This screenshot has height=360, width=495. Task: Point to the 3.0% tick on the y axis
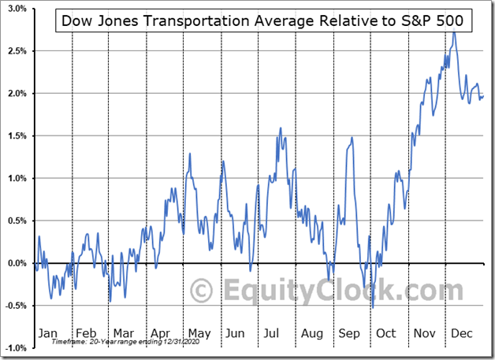15,9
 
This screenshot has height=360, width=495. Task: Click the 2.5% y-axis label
15,51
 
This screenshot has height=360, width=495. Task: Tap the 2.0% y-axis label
15,94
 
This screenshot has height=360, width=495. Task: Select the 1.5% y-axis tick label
15,136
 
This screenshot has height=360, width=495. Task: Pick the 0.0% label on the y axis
15,263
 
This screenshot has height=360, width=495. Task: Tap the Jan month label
49,333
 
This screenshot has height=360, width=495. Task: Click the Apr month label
161,333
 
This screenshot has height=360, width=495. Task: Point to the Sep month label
348,333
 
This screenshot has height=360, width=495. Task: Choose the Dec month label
461,333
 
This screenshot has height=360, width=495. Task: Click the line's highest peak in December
453,32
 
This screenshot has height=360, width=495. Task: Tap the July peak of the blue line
281,128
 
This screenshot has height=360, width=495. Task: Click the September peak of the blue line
352,139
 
